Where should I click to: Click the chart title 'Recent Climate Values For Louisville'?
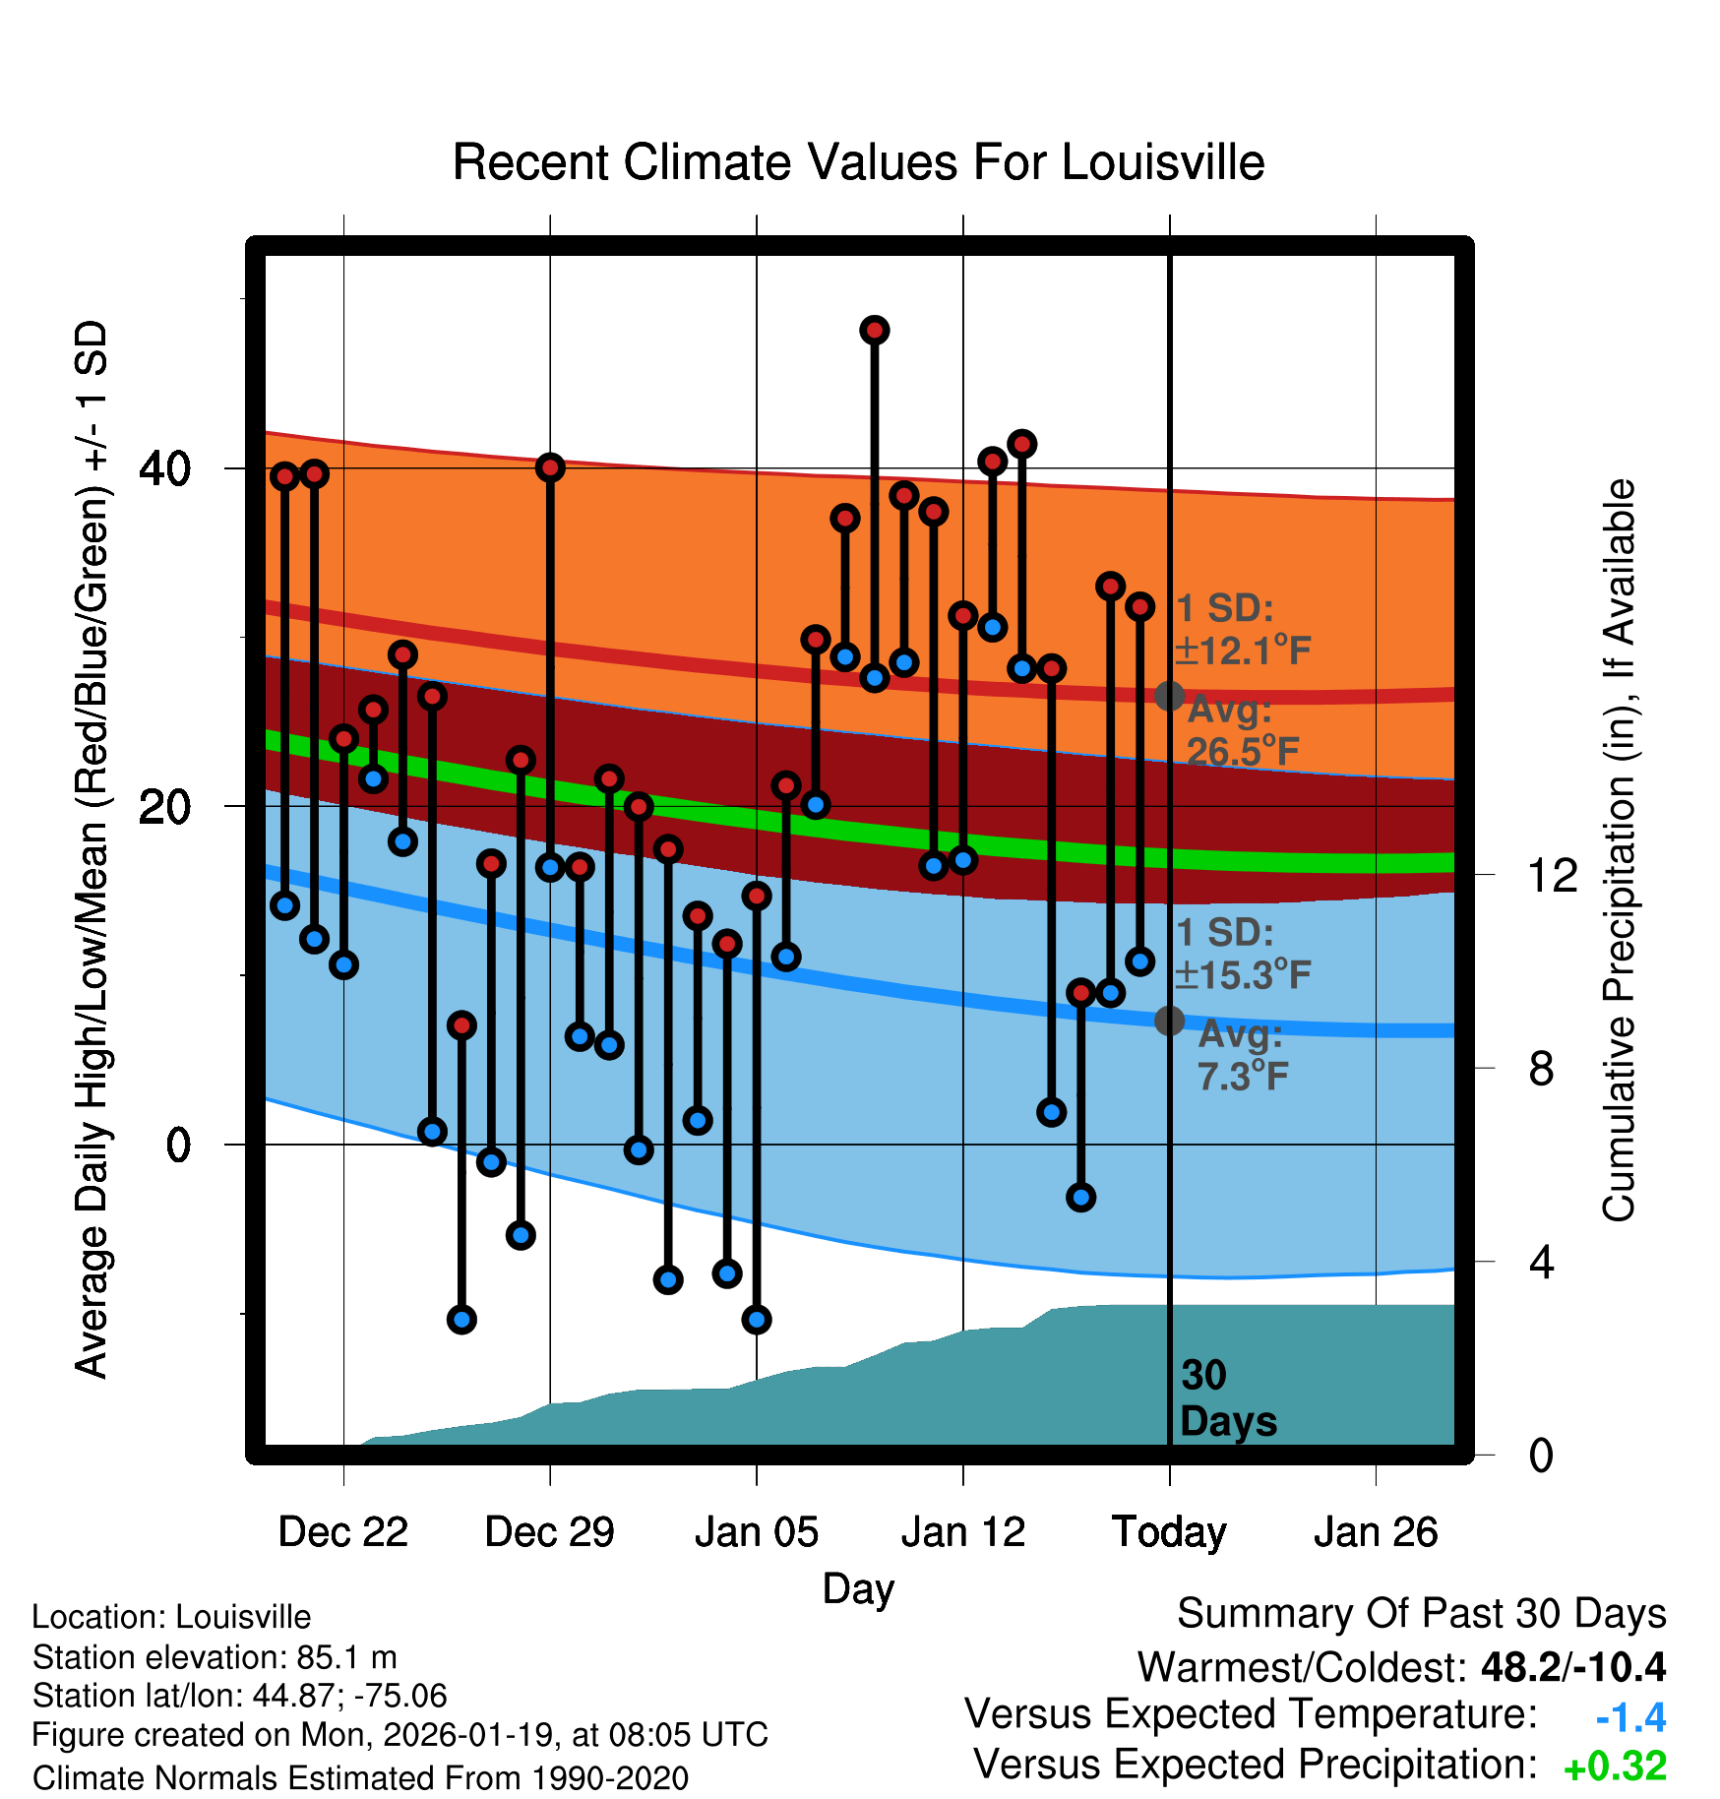click(858, 162)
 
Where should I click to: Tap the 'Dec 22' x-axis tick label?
click(342, 1532)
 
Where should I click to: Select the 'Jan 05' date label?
click(756, 1532)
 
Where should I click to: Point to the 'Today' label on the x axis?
click(1169, 1532)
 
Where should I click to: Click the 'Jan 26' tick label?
click(1376, 1532)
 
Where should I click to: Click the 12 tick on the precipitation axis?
click(1552, 875)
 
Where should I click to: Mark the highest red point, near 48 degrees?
click(875, 331)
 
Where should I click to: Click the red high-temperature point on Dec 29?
click(550, 467)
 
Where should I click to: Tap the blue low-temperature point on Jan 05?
click(757, 1320)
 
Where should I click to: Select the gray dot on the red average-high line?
click(1169, 696)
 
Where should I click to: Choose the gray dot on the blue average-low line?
click(1169, 1021)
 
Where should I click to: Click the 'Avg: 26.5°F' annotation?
click(1242, 730)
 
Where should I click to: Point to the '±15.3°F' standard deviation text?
click(1243, 975)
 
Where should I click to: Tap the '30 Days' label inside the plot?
click(1227, 1398)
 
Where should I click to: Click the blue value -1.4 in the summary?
click(1630, 1717)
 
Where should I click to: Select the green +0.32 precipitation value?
click(1615, 1767)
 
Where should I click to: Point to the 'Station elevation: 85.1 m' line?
click(215, 1657)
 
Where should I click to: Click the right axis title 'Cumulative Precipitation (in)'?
click(1620, 850)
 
